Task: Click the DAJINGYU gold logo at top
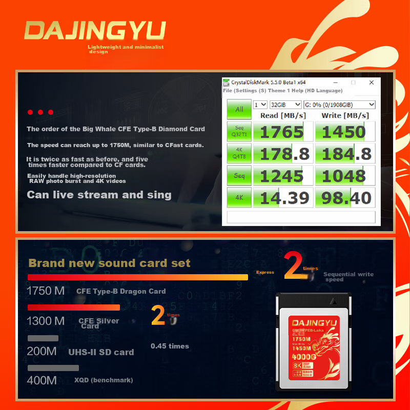click(95, 31)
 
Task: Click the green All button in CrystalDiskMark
click(239, 109)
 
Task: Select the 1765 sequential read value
click(282, 132)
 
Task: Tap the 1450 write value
click(343, 132)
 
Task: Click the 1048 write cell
click(343, 176)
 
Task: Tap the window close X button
click(372, 83)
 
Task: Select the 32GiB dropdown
click(285, 105)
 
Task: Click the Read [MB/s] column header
click(283, 115)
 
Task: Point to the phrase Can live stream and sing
click(99, 195)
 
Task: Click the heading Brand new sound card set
click(109, 263)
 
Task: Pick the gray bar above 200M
click(43, 338)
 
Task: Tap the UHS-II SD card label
click(101, 352)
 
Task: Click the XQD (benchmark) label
click(104, 380)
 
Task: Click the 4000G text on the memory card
click(303, 357)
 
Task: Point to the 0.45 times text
click(170, 346)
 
